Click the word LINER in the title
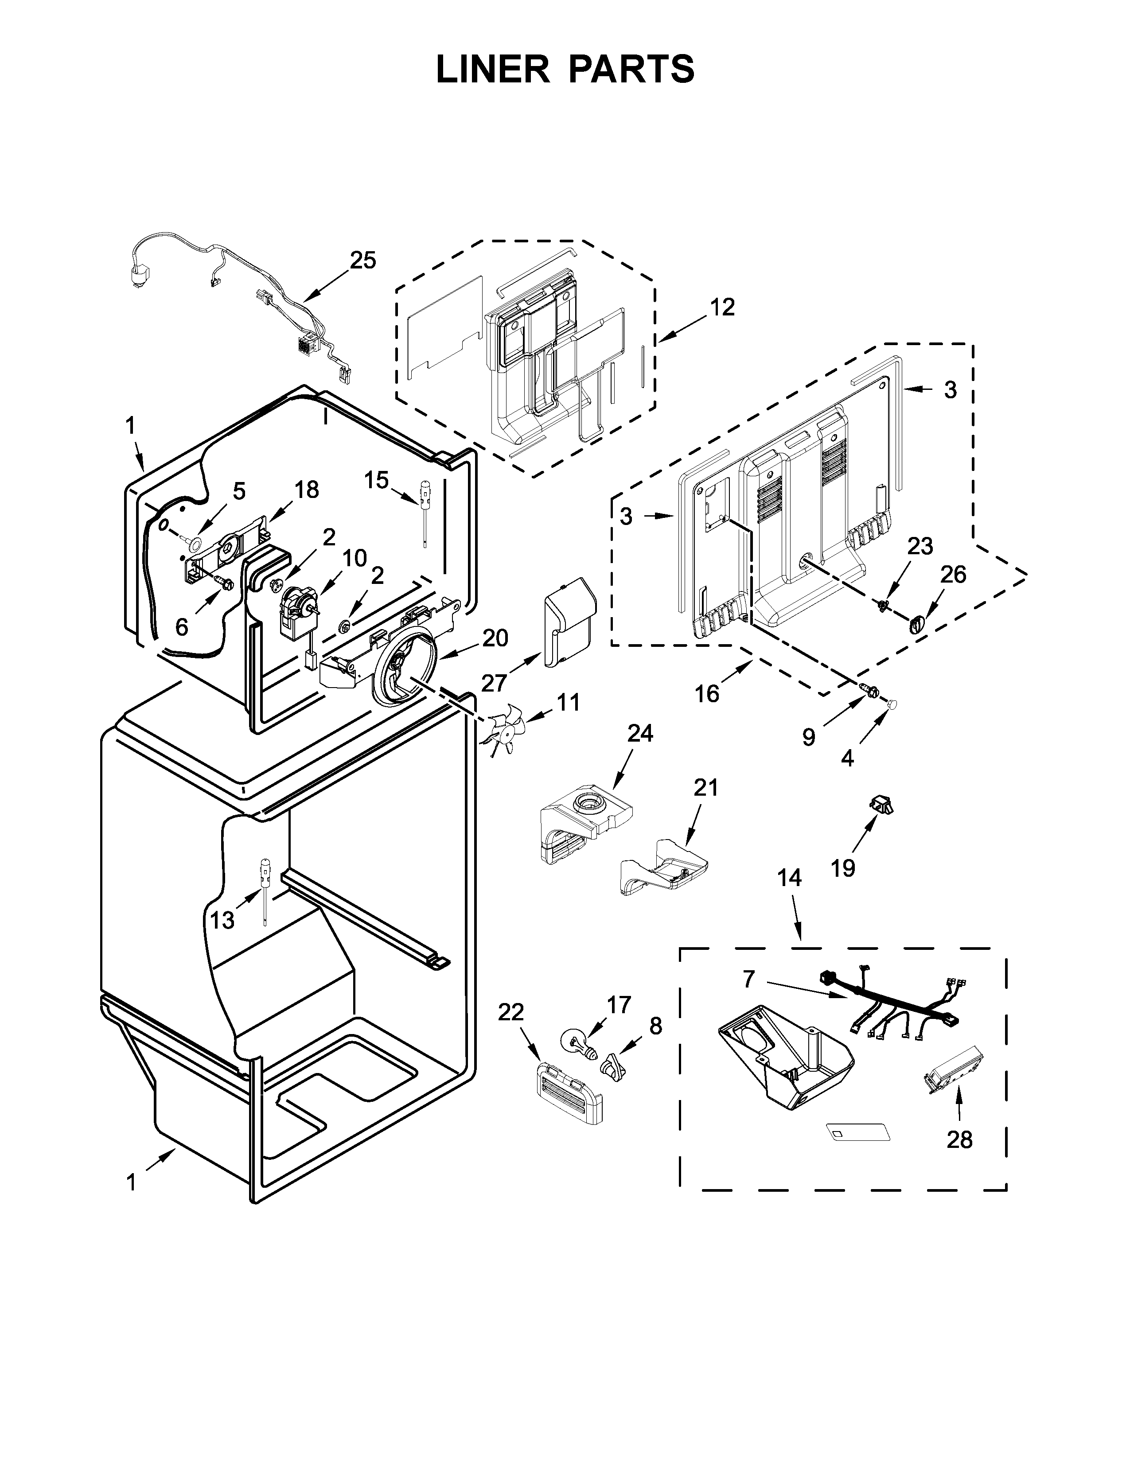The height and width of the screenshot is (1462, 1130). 492,69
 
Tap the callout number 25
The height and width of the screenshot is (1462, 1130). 363,261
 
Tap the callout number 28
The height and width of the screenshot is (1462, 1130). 959,1139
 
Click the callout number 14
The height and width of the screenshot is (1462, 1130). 790,878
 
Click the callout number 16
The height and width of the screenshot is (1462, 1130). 706,693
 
